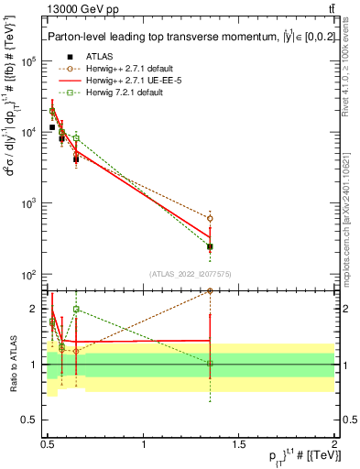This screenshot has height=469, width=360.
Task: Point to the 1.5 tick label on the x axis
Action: (x=239, y=443)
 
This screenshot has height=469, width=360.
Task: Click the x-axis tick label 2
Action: (x=334, y=443)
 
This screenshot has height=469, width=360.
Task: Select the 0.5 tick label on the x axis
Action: (x=48, y=443)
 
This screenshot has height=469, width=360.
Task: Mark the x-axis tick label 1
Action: (x=144, y=443)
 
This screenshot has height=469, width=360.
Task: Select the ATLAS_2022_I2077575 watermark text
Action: (x=190, y=274)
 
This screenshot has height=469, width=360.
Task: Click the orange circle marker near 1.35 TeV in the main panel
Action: (x=211, y=218)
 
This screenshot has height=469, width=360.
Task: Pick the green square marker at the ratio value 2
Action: (x=76, y=310)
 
